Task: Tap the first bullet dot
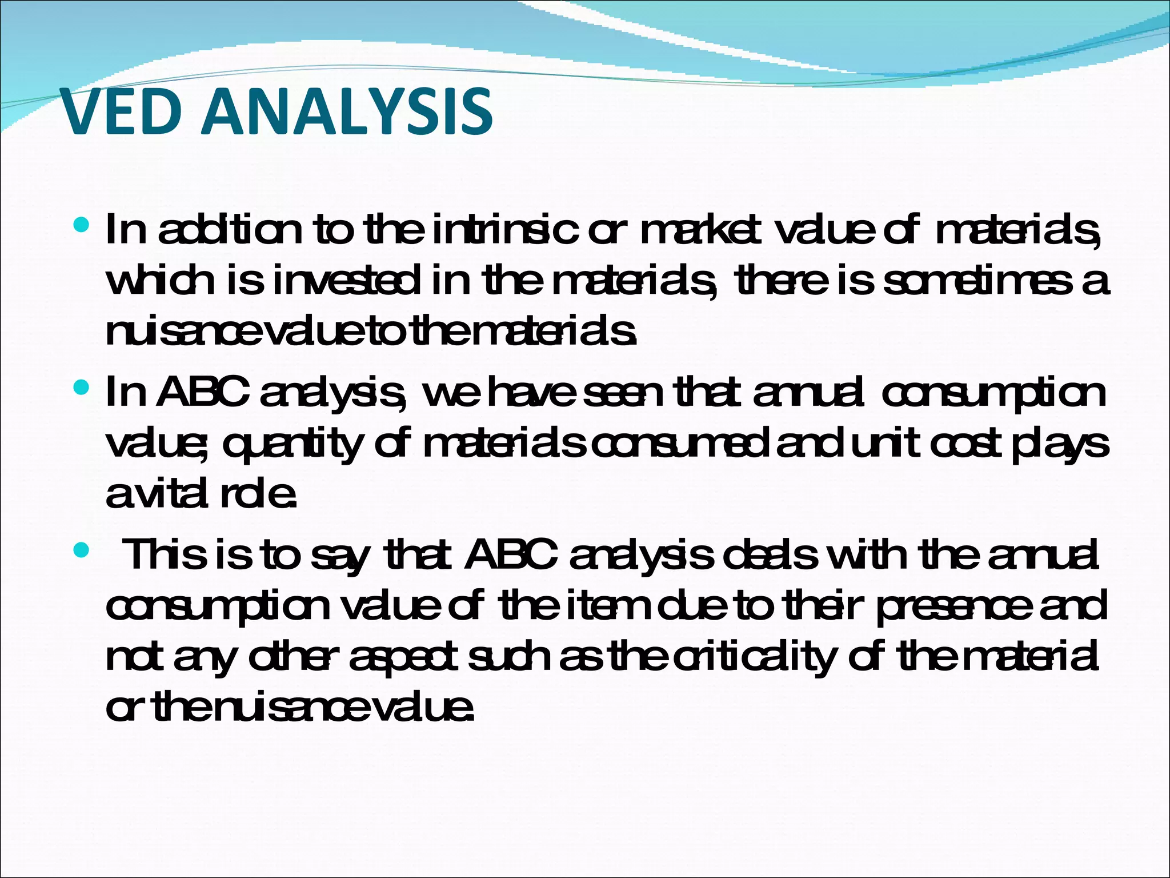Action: pyautogui.click(x=82, y=225)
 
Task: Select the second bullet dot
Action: pyautogui.click(x=82, y=388)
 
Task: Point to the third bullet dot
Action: pyautogui.click(x=82, y=551)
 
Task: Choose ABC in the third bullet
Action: pyautogui.click(x=511, y=556)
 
